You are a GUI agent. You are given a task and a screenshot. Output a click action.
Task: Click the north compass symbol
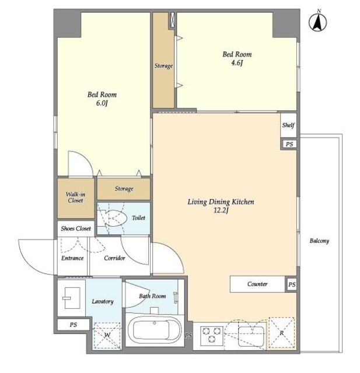pyautogui.click(x=317, y=21)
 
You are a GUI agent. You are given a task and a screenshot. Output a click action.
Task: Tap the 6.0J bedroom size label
pyautogui.click(x=102, y=104)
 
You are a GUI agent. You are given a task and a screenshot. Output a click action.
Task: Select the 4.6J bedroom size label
pyautogui.click(x=237, y=63)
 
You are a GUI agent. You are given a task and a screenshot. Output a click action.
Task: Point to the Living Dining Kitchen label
pyautogui.click(x=221, y=202)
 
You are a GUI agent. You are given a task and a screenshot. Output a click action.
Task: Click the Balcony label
pyautogui.click(x=319, y=241)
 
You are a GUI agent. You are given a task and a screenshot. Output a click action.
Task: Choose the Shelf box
pyautogui.click(x=288, y=125)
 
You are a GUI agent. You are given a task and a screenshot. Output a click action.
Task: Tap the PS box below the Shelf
pyautogui.click(x=289, y=144)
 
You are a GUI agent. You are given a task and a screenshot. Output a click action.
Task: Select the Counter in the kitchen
pyautogui.click(x=257, y=284)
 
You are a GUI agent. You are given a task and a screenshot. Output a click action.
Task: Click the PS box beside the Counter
pyautogui.click(x=291, y=284)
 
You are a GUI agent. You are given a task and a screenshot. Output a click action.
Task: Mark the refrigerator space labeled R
pyautogui.click(x=281, y=333)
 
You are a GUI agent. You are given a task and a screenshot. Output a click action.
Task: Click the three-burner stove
pyautogui.click(x=212, y=336)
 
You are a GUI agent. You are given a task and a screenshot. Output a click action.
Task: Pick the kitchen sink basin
pyautogui.click(x=251, y=336)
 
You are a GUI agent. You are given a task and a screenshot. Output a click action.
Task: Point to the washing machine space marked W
pyautogui.click(x=107, y=336)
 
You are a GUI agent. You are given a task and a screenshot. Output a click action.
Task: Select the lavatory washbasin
pyautogui.click(x=72, y=298)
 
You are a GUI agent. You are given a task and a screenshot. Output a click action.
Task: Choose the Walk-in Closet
pyautogui.click(x=76, y=198)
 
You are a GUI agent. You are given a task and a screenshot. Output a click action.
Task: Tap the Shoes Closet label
pyautogui.click(x=76, y=228)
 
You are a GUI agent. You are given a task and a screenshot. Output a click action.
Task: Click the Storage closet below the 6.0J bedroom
pyautogui.click(x=124, y=189)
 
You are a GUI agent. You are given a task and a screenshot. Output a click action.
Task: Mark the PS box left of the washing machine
pyautogui.click(x=74, y=325)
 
